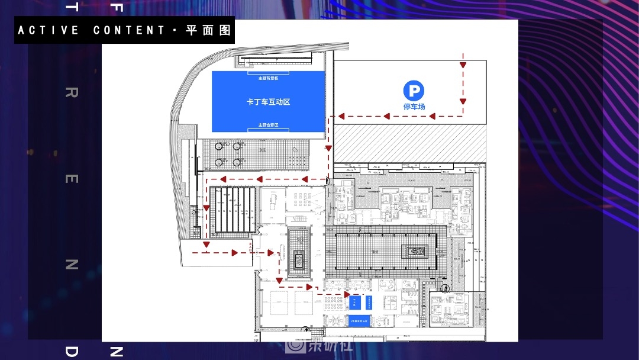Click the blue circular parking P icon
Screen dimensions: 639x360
(414, 91)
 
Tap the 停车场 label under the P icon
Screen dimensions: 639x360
(414, 107)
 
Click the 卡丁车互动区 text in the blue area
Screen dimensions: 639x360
(268, 102)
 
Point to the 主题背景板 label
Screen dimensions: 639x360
(268, 78)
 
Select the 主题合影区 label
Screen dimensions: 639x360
(268, 125)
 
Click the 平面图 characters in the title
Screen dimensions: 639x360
(208, 30)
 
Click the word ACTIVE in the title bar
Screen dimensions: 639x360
(49, 30)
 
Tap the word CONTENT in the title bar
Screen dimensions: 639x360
(130, 30)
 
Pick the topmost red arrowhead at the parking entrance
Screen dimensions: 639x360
(463, 65)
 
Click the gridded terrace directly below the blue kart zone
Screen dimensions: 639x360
(256, 153)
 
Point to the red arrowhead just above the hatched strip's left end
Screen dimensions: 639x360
(341, 116)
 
